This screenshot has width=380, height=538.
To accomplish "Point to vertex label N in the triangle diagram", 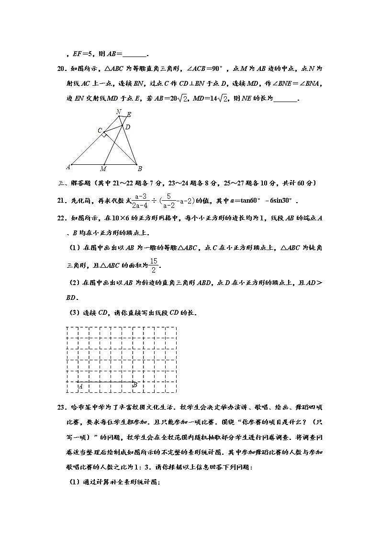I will point(119,112).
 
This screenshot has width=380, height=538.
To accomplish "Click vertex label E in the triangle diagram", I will point(129,115).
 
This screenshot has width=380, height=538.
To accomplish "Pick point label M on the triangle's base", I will point(103,169).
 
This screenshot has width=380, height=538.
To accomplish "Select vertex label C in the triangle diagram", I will point(100,130).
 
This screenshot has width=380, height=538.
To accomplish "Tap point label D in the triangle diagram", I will point(127,127).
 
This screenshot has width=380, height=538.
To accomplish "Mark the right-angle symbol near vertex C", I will point(104,135).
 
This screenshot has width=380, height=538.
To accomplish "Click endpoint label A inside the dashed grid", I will point(80,386).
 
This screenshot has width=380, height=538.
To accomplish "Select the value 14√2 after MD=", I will point(218,99).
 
